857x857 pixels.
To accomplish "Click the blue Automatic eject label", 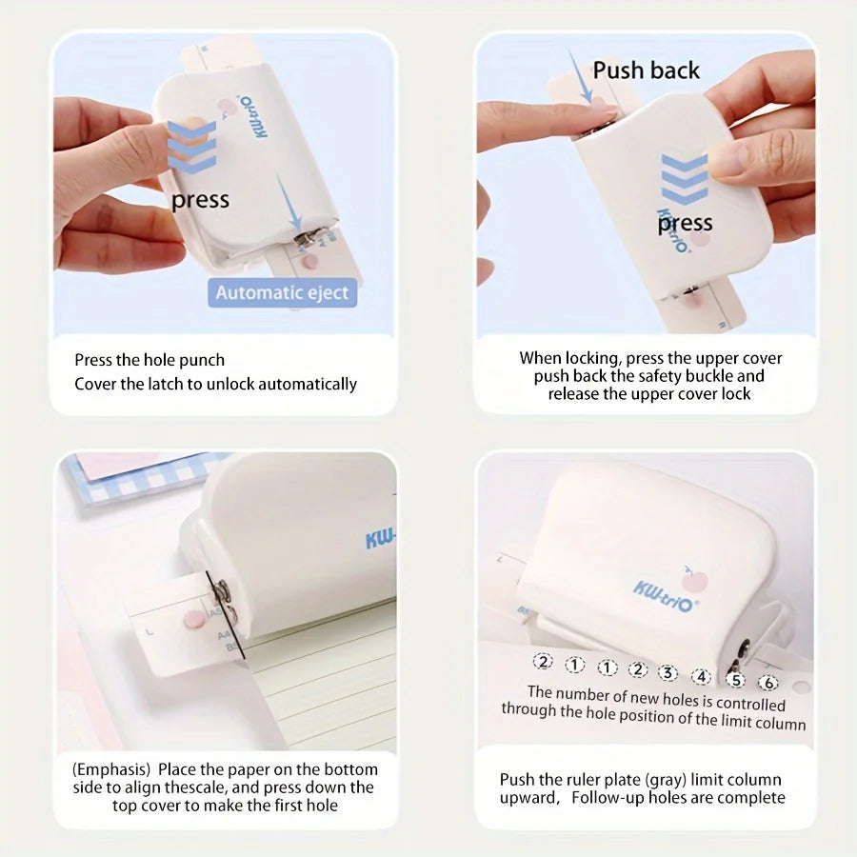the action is (282, 293).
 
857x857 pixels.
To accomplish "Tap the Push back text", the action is (646, 70).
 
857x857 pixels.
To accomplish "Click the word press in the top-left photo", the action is (200, 200).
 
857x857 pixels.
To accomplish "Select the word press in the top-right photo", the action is (685, 224).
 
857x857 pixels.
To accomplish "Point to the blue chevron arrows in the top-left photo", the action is (191, 147).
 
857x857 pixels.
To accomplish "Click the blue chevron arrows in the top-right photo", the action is (685, 180).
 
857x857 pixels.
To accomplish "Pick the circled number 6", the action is (768, 683).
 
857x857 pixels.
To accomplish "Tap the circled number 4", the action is (701, 677).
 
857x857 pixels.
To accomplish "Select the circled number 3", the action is (668, 673).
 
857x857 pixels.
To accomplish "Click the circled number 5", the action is (736, 680).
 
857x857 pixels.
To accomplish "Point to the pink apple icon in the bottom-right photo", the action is (693, 580).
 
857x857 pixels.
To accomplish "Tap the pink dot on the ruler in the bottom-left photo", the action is (193, 619).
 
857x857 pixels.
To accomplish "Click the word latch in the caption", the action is (167, 384).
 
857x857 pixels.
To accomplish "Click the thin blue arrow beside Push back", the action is (579, 76).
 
